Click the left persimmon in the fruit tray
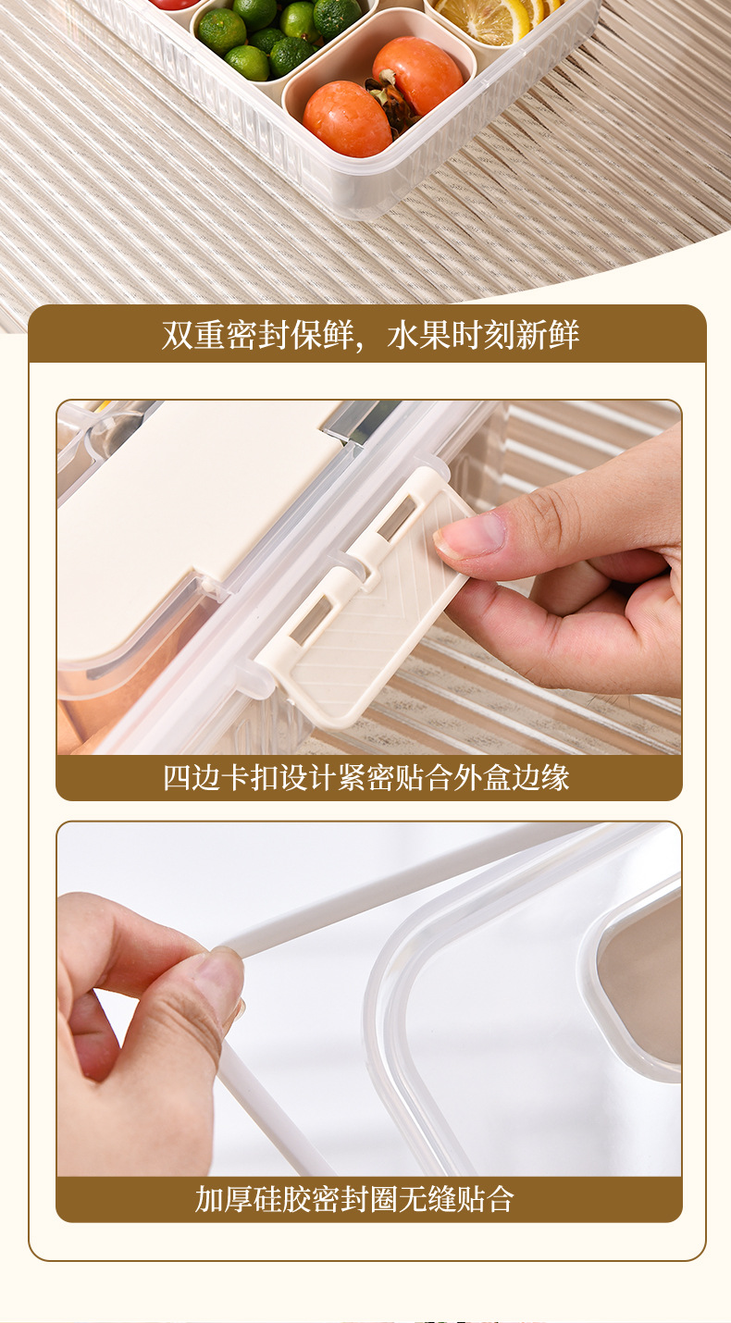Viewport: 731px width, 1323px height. (347, 118)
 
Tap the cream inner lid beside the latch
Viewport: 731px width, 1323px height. (185, 518)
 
